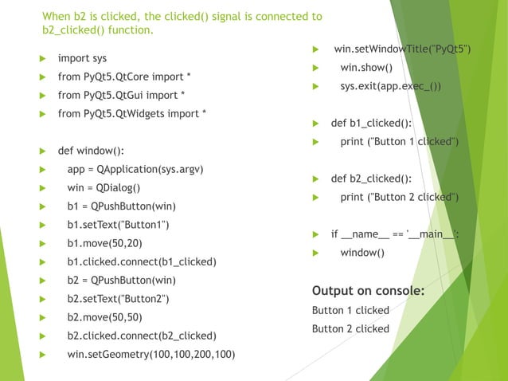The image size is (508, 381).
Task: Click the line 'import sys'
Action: click(82, 59)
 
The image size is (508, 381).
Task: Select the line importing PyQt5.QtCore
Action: click(124, 77)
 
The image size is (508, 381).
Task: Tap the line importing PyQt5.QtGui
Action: click(121, 96)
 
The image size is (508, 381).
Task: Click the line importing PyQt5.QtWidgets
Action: click(132, 114)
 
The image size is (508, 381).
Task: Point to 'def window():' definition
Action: click(90, 151)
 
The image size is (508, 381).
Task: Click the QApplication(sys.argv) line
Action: click(135, 170)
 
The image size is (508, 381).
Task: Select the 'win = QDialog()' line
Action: click(104, 188)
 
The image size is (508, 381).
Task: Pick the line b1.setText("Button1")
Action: click(118, 225)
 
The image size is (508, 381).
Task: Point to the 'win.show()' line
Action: click(366, 69)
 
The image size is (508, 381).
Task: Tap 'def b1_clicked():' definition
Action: click(371, 124)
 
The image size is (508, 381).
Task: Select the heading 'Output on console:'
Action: click(368, 290)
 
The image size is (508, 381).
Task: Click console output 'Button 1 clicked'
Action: click(350, 310)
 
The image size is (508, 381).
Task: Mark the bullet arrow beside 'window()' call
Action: click(315, 253)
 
